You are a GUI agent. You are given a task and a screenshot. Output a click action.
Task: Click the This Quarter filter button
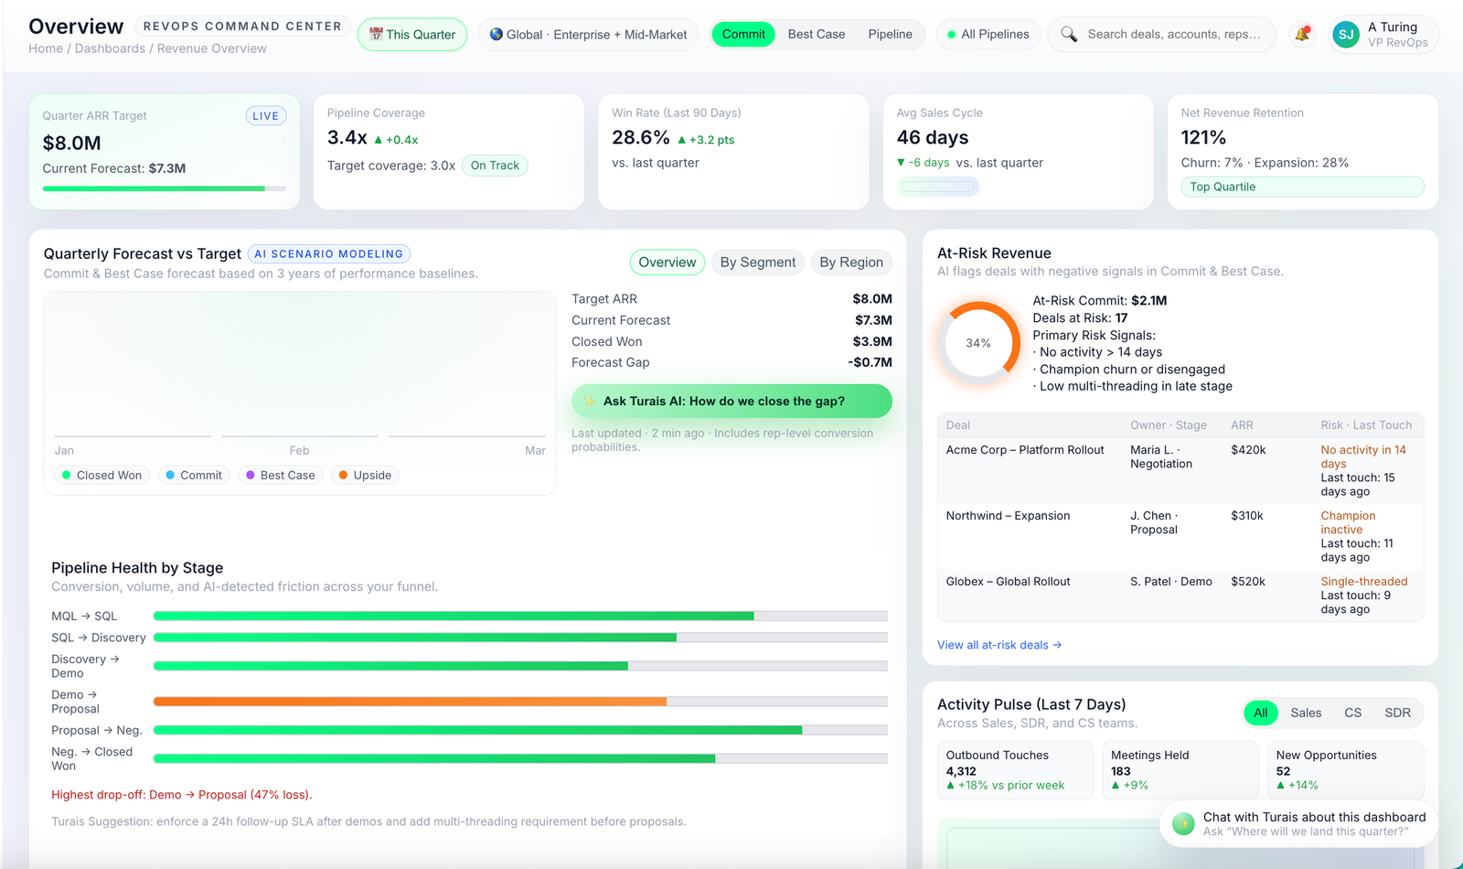(412, 35)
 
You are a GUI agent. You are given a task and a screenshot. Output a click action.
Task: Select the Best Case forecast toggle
(816, 35)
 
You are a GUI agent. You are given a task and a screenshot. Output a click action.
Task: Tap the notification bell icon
(1301, 35)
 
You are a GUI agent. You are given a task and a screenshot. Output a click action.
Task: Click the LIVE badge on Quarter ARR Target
(265, 116)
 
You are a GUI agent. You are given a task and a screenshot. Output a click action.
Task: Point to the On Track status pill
(495, 166)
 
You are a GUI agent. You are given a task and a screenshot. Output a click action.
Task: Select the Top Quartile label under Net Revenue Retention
(1223, 187)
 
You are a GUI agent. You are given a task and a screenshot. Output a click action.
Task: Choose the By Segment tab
(757, 263)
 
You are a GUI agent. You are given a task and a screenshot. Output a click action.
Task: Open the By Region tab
(850, 263)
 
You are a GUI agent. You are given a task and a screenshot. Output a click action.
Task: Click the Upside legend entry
(365, 476)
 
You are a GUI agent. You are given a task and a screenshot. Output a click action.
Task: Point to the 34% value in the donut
(978, 343)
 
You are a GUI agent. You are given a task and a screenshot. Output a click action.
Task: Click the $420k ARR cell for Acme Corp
(1248, 450)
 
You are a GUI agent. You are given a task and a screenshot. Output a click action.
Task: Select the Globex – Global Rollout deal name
(1008, 582)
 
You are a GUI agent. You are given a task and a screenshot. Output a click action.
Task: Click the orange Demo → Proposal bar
(410, 702)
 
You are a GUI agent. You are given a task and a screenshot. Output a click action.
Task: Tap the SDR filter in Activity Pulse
(1397, 713)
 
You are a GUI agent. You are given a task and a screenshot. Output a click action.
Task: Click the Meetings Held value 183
(1121, 771)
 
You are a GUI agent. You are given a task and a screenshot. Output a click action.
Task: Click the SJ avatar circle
(1346, 35)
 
